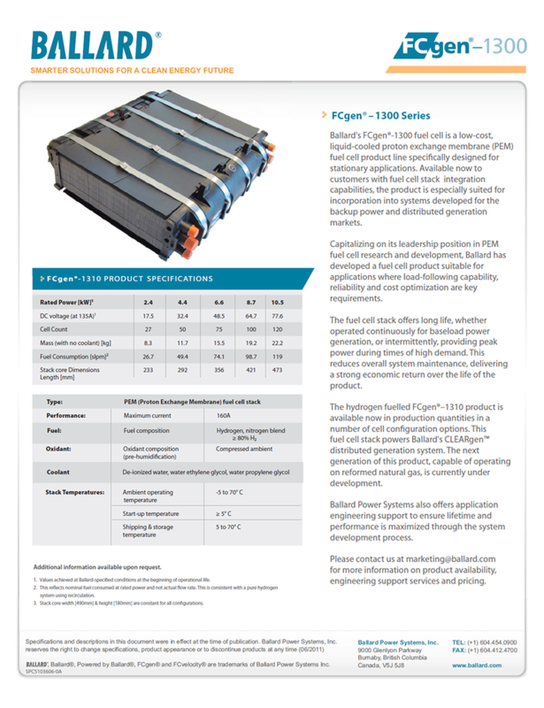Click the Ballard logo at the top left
coord(92,46)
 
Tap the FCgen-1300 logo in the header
coord(460,47)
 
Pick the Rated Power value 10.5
coord(277,302)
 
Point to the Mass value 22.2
coord(277,343)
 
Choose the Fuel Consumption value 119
coord(277,357)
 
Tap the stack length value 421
coord(251,370)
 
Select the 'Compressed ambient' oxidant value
coord(244,449)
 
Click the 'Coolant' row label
coord(58,472)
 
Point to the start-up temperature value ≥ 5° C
coord(224,514)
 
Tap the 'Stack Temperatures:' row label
coord(75,493)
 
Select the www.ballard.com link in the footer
coord(477,665)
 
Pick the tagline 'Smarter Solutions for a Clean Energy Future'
coord(132,71)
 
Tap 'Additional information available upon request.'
coord(97,567)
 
